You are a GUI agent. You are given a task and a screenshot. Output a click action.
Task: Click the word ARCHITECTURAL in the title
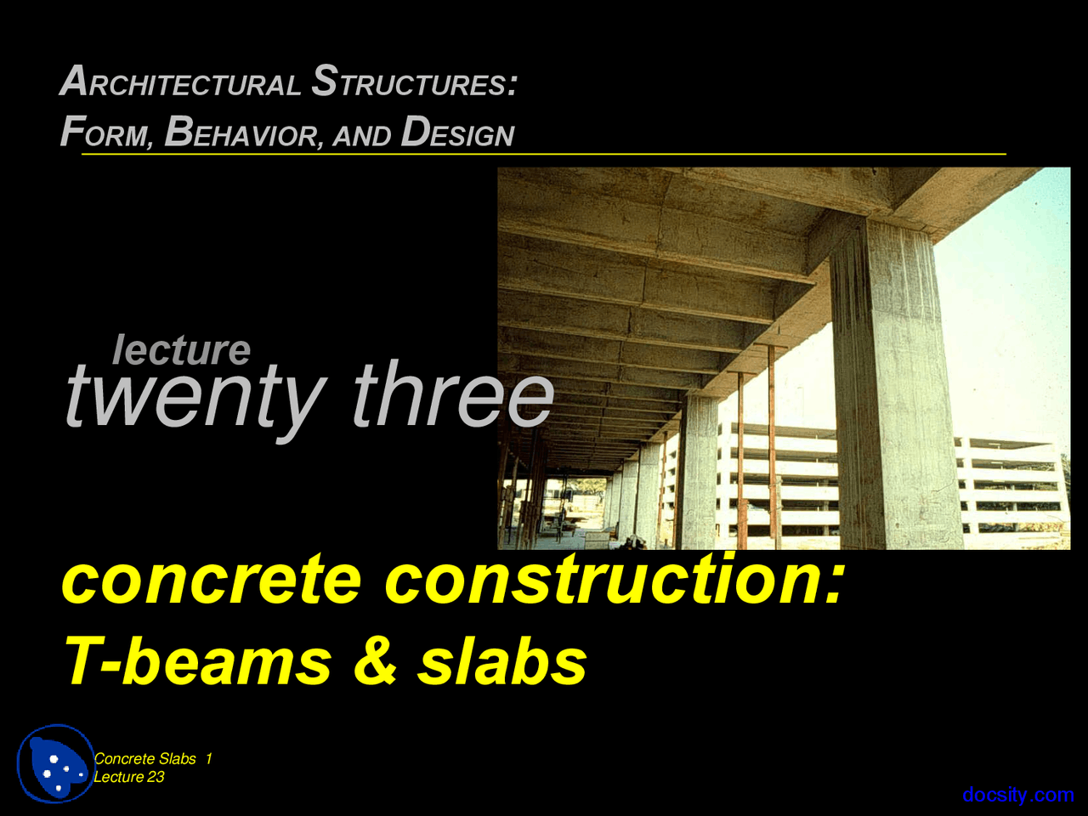pyautogui.click(x=180, y=82)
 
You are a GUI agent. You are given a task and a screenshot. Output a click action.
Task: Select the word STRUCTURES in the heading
pyautogui.click(x=414, y=82)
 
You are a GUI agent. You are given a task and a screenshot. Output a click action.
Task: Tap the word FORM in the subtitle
pyautogui.click(x=106, y=133)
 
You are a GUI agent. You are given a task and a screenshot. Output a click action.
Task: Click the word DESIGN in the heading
pyautogui.click(x=457, y=133)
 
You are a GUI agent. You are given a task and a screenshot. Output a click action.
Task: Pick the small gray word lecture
pyautogui.click(x=182, y=349)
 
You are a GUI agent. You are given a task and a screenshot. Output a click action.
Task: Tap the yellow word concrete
pyautogui.click(x=212, y=580)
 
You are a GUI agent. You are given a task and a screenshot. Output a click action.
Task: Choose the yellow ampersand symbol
pyautogui.click(x=375, y=661)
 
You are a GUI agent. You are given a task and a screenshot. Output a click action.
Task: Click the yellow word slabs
pyautogui.click(x=501, y=661)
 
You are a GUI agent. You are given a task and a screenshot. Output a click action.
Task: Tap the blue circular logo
pyautogui.click(x=56, y=763)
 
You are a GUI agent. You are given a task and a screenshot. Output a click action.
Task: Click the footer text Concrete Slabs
pyautogui.click(x=145, y=759)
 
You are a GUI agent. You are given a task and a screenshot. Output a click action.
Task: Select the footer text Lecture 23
pyautogui.click(x=129, y=777)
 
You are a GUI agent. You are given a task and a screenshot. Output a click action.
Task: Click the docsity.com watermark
pyautogui.click(x=1018, y=795)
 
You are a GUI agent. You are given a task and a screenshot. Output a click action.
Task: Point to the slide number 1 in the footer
pyautogui.click(x=209, y=759)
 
